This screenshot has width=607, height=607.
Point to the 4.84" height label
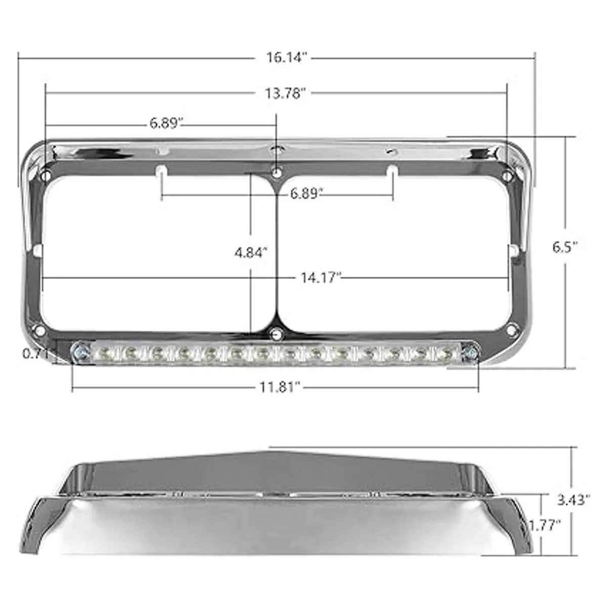(250, 252)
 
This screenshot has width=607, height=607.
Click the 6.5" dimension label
(565, 247)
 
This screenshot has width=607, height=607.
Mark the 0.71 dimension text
(35, 354)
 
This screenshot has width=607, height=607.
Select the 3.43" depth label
(574, 500)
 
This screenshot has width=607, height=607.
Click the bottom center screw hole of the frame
(276, 333)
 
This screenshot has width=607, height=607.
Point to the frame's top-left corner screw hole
(46, 176)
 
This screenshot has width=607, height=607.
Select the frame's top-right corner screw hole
(507, 176)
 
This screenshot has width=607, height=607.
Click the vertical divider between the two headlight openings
(276, 253)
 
